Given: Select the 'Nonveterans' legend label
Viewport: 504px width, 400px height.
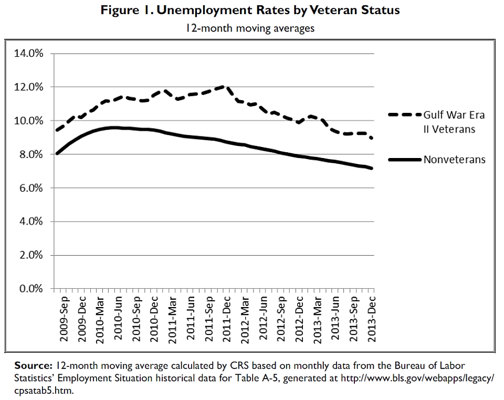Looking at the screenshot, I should (455, 160).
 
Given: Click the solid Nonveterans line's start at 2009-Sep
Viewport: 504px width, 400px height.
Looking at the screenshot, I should (57, 153).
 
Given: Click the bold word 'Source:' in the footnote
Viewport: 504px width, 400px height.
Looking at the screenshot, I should (32, 365).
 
